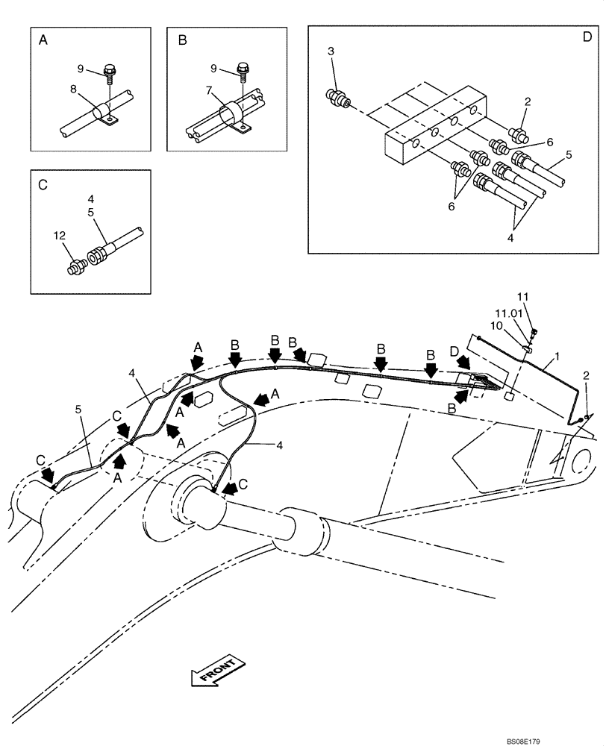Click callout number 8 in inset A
tap(74, 90)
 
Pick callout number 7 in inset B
tap(210, 90)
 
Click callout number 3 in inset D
tap(331, 51)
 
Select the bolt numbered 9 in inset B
tap(243, 72)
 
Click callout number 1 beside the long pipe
tap(557, 357)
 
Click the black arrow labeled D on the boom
tap(463, 363)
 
